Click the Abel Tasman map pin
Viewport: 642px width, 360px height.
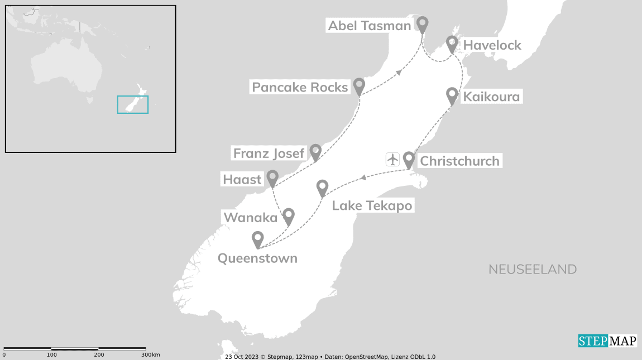coord(423,24)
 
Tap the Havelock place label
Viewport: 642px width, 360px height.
coord(492,45)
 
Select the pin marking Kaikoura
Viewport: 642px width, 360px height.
coord(452,95)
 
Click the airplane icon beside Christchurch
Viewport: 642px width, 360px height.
coord(392,159)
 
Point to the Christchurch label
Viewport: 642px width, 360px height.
coord(459,161)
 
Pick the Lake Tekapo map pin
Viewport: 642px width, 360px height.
coord(322,187)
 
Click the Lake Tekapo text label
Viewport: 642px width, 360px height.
coord(372,205)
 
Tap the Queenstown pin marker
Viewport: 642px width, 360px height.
coord(257,238)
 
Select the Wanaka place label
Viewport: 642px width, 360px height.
coord(250,217)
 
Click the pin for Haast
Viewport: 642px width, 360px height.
coord(272,177)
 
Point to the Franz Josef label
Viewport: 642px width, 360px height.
coord(269,153)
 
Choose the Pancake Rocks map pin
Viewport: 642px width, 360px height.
coord(359,85)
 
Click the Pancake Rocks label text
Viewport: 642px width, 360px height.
coord(300,87)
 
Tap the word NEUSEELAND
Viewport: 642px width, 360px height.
coord(533,270)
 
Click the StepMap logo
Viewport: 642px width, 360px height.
coord(607,340)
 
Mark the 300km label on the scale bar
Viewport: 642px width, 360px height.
coord(151,355)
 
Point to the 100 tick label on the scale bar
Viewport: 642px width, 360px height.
coord(51,355)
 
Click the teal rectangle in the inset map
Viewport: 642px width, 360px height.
coord(133,104)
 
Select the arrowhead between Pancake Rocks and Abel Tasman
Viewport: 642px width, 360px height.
coord(399,72)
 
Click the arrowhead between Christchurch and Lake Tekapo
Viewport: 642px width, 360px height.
coord(363,177)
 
